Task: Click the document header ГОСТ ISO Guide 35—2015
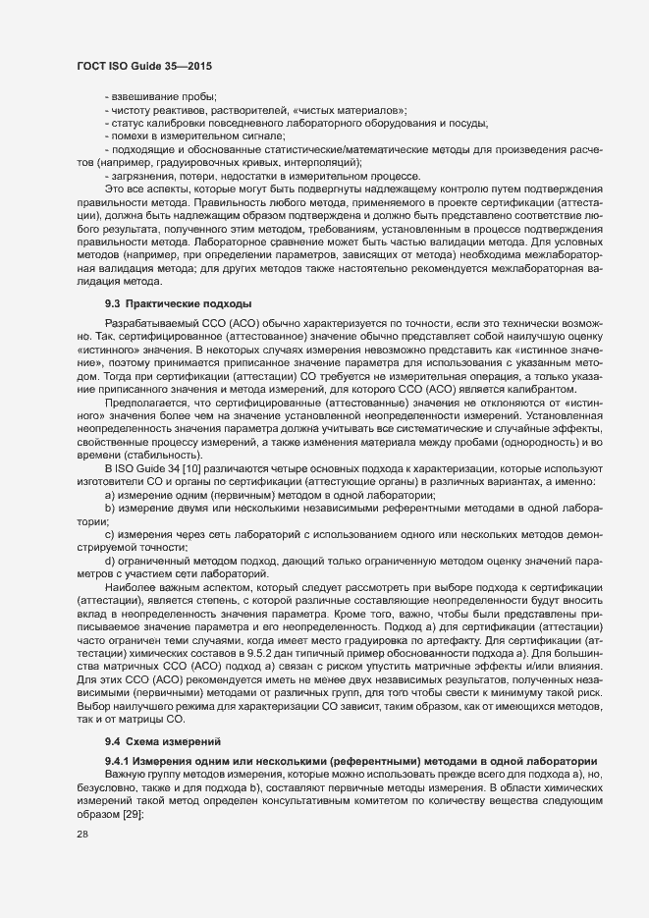point(144,65)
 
